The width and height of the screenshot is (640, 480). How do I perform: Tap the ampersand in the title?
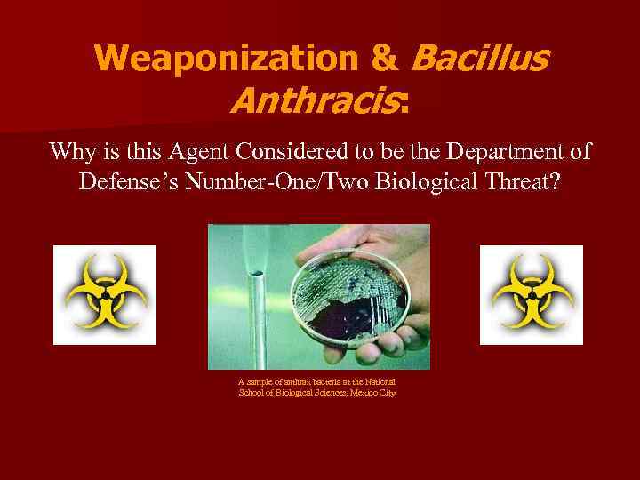[x=383, y=59]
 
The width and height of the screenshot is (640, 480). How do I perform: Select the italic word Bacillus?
[x=481, y=59]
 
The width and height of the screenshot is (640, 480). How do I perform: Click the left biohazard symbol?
[x=104, y=294]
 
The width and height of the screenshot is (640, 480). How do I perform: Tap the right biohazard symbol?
[x=531, y=294]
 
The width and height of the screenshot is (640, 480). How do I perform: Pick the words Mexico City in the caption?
[x=375, y=392]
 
